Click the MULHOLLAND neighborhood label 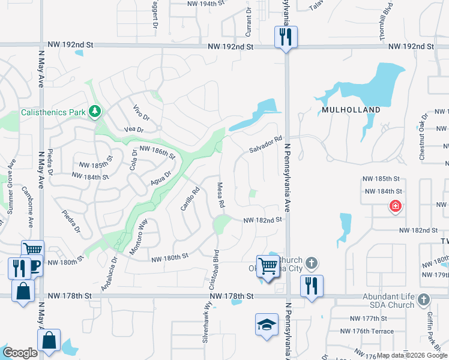(351, 110)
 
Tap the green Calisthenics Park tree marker (94, 112)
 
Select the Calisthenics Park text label (53, 112)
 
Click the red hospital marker (396, 207)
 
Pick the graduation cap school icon (267, 325)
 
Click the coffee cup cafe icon (34, 266)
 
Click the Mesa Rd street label (221, 196)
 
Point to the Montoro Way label (139, 231)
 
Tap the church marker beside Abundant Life (423, 299)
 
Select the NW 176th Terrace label (367, 331)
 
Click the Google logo (20, 353)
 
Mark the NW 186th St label (157, 152)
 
